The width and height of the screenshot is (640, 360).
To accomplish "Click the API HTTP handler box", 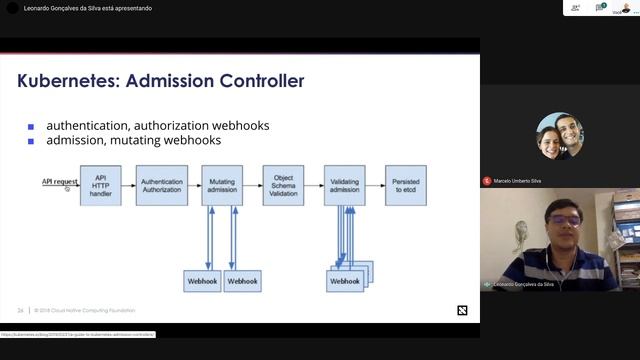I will click(100, 185).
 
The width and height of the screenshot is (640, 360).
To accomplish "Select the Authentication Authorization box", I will click(161, 185).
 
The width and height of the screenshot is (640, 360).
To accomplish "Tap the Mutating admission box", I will click(222, 185).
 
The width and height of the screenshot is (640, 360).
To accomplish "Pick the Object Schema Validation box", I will click(283, 185).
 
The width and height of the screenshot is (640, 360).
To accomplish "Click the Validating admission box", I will click(344, 185).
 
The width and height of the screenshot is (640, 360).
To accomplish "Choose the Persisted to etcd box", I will click(405, 185).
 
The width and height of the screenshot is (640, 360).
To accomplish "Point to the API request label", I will click(59, 182).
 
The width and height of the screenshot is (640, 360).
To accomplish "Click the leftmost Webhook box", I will click(203, 281).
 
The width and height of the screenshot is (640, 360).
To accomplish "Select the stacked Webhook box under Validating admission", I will click(345, 281).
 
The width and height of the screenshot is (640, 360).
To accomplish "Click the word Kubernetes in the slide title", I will click(65, 81).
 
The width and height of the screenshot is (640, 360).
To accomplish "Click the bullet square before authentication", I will click(31, 127).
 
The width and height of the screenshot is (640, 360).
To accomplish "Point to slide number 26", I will click(20, 310).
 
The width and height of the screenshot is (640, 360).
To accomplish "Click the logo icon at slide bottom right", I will click(462, 310).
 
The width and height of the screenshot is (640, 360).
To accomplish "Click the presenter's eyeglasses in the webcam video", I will click(565, 219).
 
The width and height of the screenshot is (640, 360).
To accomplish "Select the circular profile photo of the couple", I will click(560, 137).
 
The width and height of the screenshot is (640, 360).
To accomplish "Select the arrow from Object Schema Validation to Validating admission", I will click(314, 185).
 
